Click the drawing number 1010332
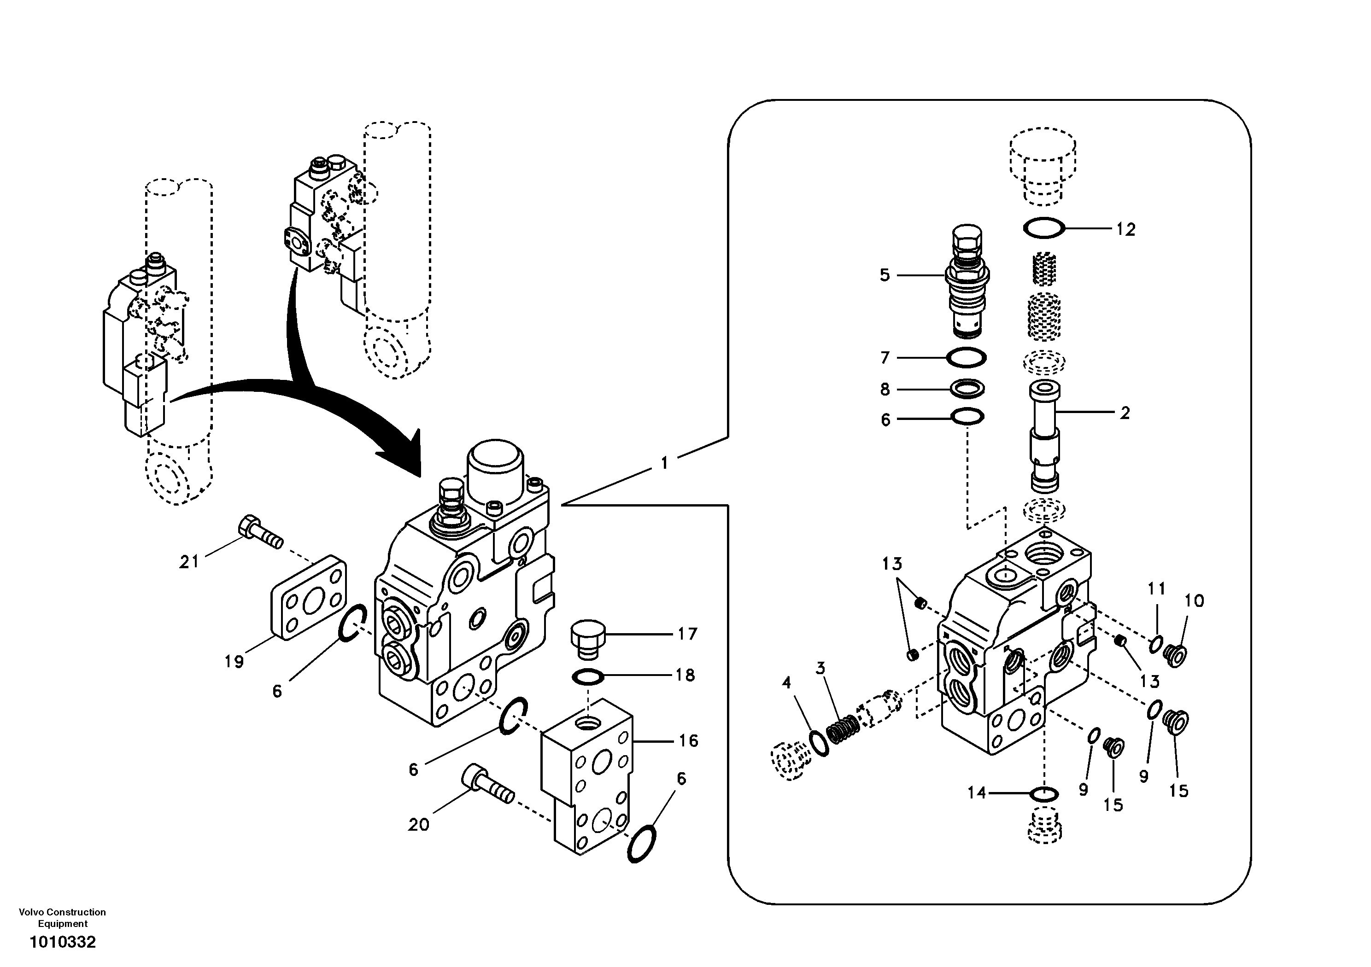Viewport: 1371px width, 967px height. pyautogui.click(x=63, y=942)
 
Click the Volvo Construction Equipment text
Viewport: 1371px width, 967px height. pyautogui.click(x=62, y=917)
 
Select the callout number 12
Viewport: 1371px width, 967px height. pyautogui.click(x=1125, y=229)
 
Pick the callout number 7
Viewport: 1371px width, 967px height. pyautogui.click(x=885, y=357)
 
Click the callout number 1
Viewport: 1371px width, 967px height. pyautogui.click(x=664, y=463)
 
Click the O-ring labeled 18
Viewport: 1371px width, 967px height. pyautogui.click(x=588, y=677)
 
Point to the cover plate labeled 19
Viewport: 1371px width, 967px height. pyautogui.click(x=309, y=597)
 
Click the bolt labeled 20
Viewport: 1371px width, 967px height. pyautogui.click(x=486, y=785)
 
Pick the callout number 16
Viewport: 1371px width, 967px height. pyautogui.click(x=688, y=741)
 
